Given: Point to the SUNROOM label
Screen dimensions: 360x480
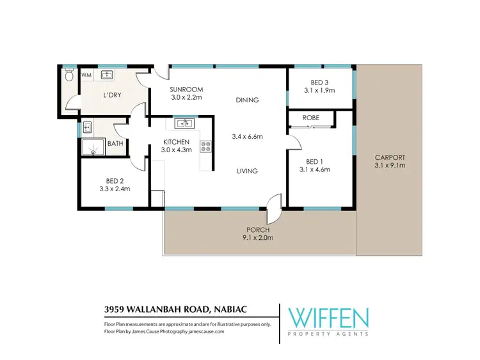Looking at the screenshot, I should (186, 89).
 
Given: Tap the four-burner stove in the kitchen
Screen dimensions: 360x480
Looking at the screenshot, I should (206, 146).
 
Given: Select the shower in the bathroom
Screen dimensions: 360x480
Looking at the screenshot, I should (92, 149).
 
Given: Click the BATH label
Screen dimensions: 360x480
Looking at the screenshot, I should (115, 143).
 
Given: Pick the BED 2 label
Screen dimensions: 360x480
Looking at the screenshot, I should (115, 181).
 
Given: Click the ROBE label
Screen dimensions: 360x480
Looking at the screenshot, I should (311, 118).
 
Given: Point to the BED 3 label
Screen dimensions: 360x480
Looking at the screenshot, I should (320, 82).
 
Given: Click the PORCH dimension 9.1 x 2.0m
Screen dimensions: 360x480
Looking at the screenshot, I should (259, 238).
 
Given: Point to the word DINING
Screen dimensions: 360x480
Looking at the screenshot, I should (246, 100).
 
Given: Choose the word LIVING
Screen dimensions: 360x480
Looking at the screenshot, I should (246, 171).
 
